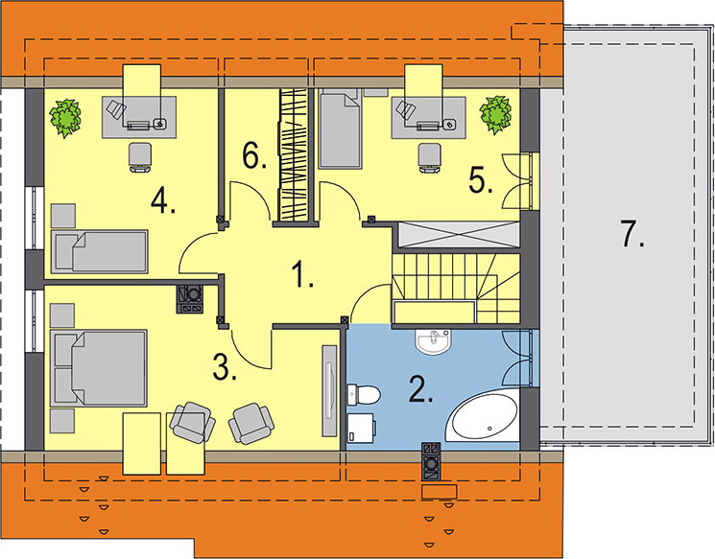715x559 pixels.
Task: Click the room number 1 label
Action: click(302, 274)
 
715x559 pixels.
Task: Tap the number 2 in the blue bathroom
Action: click(420, 389)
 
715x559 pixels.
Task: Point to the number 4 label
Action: click(163, 201)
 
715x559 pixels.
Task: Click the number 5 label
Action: click(481, 180)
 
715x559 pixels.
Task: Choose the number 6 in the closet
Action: click(254, 156)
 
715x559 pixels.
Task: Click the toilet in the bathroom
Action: click(364, 394)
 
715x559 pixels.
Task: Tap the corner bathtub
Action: click(483, 415)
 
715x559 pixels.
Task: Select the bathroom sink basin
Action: click(433, 341)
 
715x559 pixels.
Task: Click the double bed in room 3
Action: click(99, 368)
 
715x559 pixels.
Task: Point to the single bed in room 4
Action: click(100, 251)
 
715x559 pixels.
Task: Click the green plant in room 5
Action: click(495, 115)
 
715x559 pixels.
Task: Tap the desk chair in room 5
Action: click(430, 158)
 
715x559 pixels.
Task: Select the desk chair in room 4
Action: click(140, 157)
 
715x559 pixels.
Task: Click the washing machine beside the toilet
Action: click(362, 428)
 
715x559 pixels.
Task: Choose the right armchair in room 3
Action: click(251, 423)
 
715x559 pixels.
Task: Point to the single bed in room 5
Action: click(340, 129)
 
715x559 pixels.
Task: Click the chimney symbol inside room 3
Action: click(190, 299)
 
